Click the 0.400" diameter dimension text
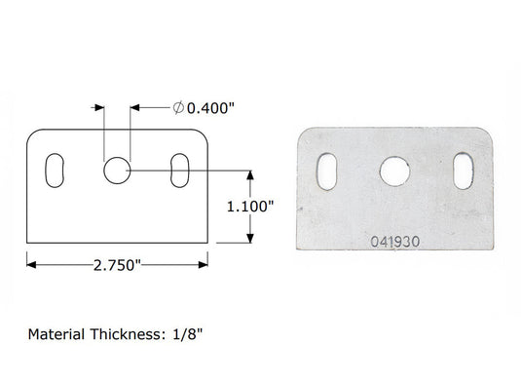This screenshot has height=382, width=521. pos(210,108)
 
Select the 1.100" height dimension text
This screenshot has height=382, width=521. pos(250,207)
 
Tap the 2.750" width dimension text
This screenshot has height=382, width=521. pos(117,265)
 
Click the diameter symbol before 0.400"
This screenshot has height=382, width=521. pos(178,108)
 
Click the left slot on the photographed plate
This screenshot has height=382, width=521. pos(327,172)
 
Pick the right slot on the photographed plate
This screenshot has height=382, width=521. pos(464,172)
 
